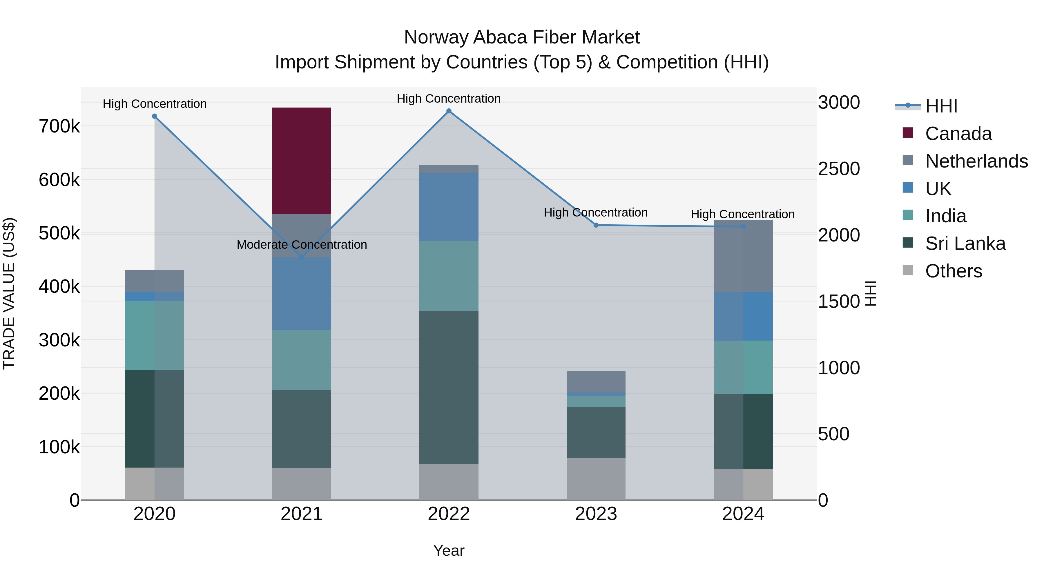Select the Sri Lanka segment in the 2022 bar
click(x=449, y=387)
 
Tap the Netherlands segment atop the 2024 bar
click(x=743, y=256)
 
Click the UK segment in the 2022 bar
click(x=449, y=207)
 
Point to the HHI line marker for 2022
click(x=449, y=111)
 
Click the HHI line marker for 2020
click(x=154, y=116)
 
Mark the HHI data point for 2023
click(x=596, y=225)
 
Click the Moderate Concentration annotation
click(x=302, y=245)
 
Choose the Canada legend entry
click(x=958, y=134)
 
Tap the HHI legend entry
click(x=941, y=106)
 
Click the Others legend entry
click(x=953, y=271)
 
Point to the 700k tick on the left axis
click(x=59, y=126)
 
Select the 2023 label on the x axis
click(x=596, y=514)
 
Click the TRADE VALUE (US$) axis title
click(x=9, y=293)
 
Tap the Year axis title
click(x=449, y=550)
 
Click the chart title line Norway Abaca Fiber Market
click(x=522, y=37)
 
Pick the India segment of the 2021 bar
click(x=302, y=360)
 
